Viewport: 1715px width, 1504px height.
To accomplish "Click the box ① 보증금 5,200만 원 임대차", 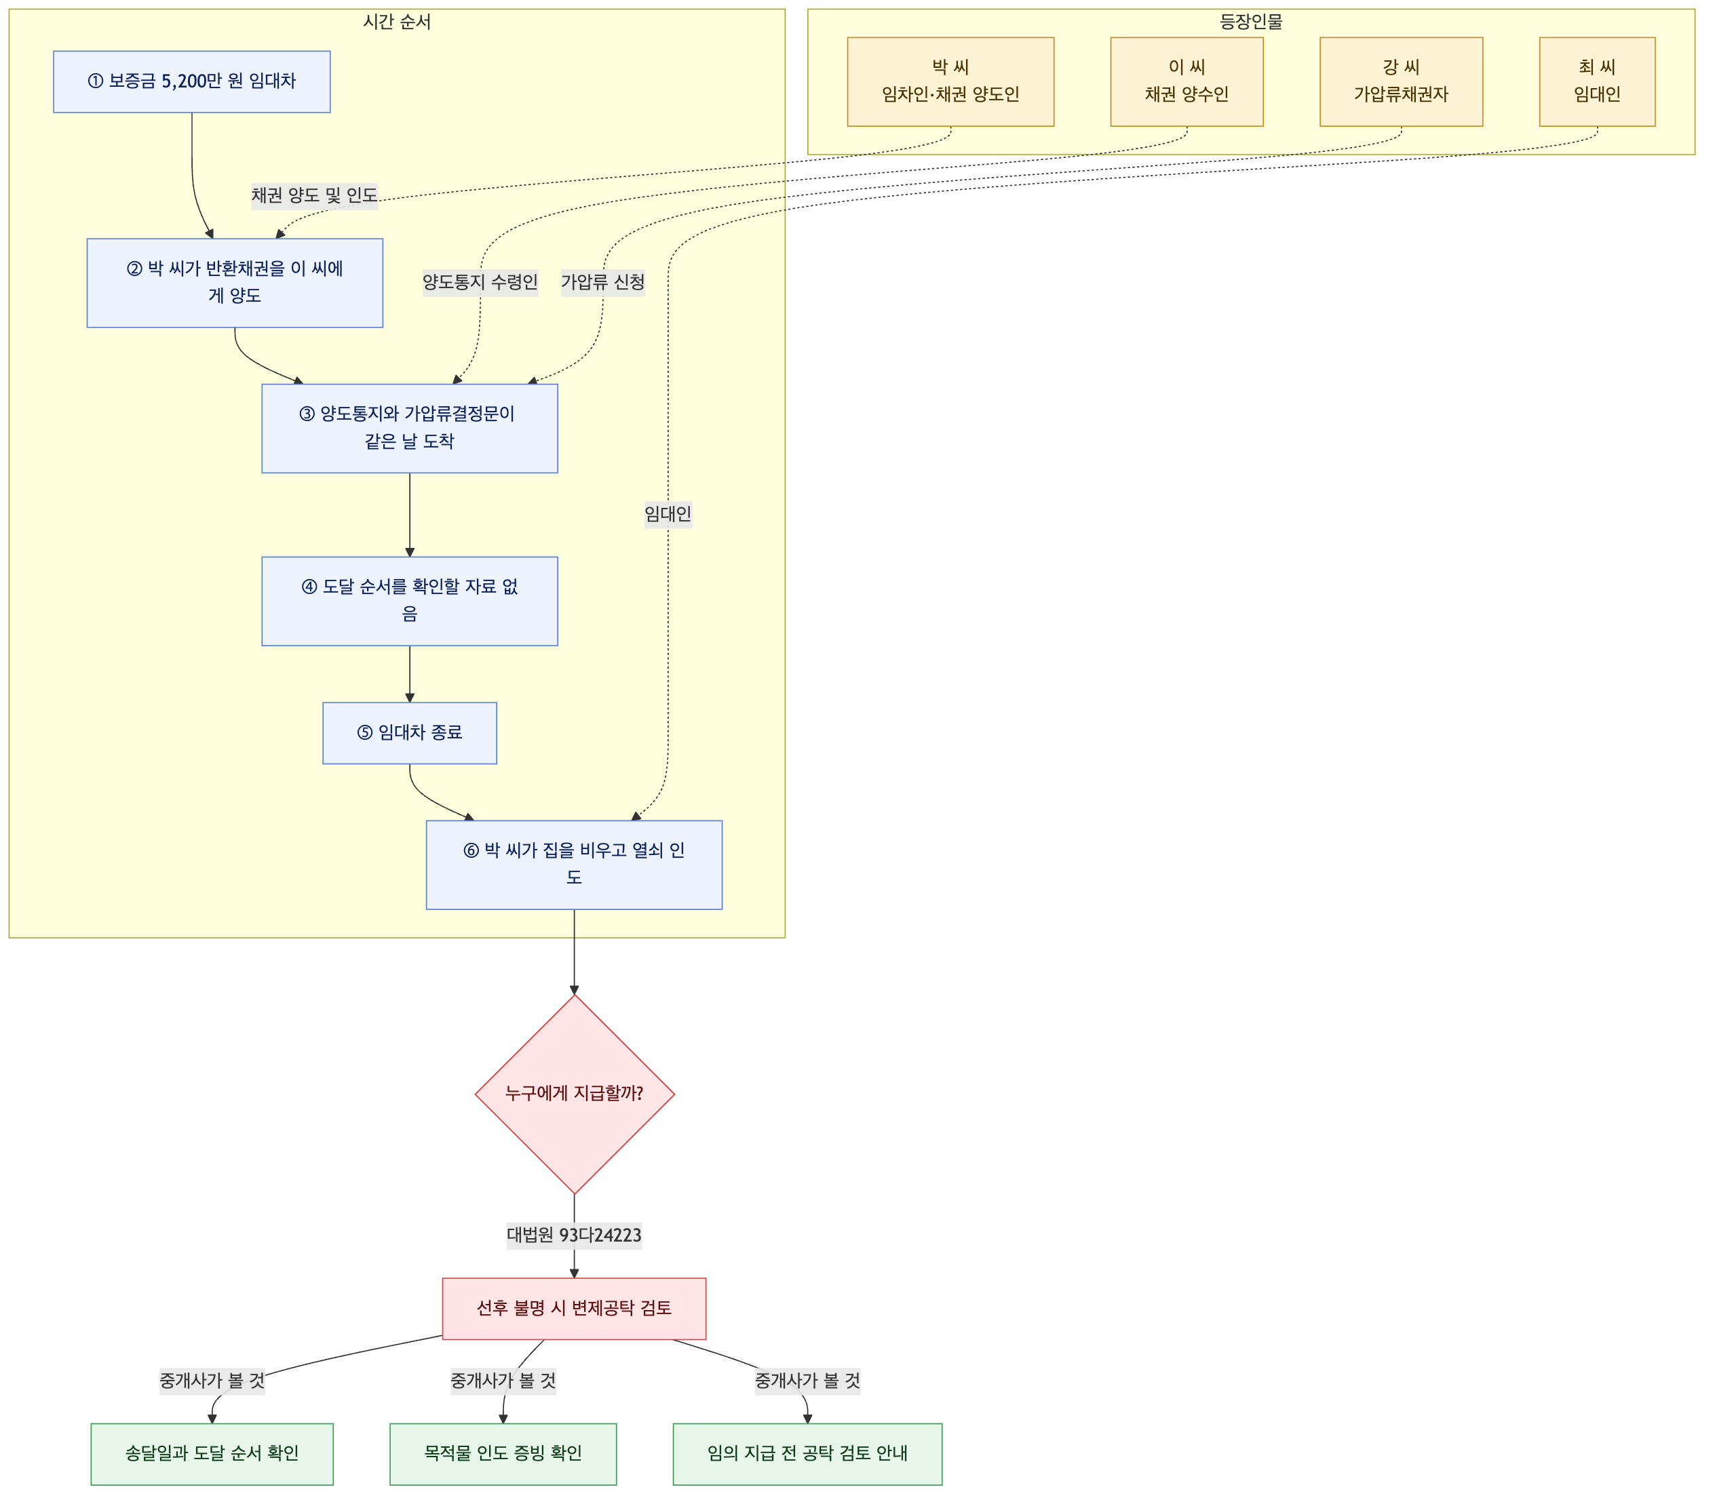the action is point(191,81).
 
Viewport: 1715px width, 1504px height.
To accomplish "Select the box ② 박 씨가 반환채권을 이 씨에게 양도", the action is point(235,283).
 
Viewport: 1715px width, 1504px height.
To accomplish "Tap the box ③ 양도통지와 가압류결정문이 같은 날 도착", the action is point(410,428).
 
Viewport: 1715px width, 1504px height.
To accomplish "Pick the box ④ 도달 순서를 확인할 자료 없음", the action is point(410,601).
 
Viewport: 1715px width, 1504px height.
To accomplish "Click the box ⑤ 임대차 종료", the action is point(410,732).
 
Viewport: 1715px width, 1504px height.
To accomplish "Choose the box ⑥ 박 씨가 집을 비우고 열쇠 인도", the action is point(574,864).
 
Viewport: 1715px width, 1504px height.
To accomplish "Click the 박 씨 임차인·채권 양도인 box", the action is point(950,81).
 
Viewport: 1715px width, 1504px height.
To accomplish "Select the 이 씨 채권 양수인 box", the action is point(1187,81).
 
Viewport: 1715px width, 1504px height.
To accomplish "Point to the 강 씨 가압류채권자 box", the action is point(1401,81).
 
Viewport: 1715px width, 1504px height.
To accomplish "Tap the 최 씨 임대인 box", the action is point(1597,81).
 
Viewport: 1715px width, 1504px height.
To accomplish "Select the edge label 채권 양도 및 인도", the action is point(314,195).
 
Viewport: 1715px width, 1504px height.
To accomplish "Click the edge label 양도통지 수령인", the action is point(480,283).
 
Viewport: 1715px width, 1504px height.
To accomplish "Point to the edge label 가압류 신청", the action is point(602,283).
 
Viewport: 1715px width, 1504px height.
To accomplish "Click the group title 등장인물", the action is point(1251,22).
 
